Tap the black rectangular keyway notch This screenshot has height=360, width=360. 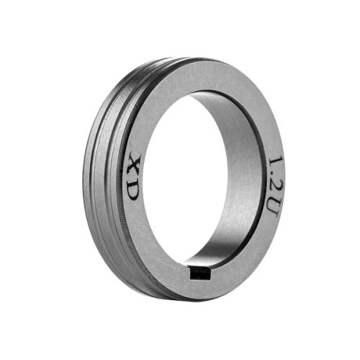201,274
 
